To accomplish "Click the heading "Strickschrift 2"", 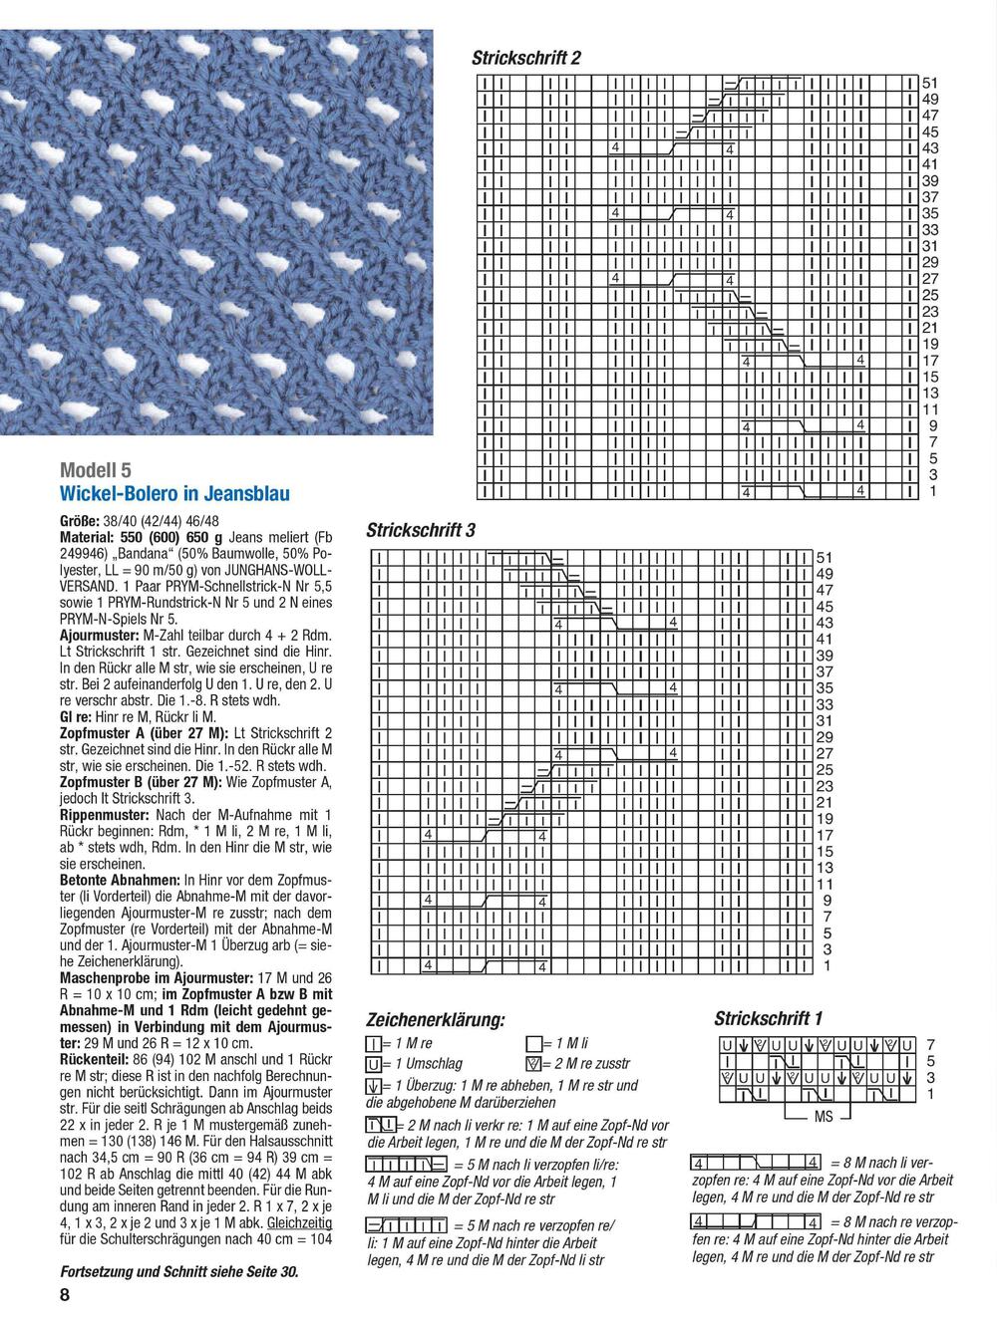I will coord(525,59).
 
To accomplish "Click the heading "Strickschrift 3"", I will coord(420,530).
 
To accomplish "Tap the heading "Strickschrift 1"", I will coord(768,1018).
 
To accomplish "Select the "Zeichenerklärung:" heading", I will coord(436,1020).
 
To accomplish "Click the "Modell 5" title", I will coord(96,469).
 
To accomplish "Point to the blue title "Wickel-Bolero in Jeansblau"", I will coord(175,493).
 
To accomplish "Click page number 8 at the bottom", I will coord(65,1295).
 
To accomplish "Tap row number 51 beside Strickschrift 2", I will coord(929,84).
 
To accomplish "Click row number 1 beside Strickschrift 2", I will coord(933,491).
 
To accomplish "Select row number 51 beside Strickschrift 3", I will coord(825,558).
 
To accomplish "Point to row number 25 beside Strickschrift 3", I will coord(825,770).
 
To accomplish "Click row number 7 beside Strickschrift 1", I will coord(930,1044).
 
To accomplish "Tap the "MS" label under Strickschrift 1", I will coord(823,1117).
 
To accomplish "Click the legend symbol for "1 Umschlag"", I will coord(375,1064).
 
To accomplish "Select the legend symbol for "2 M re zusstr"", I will coord(533,1064).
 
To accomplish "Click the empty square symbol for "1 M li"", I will coord(533,1043).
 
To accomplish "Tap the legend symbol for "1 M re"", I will coord(375,1043).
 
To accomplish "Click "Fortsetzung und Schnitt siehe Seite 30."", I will coord(179,1271).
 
